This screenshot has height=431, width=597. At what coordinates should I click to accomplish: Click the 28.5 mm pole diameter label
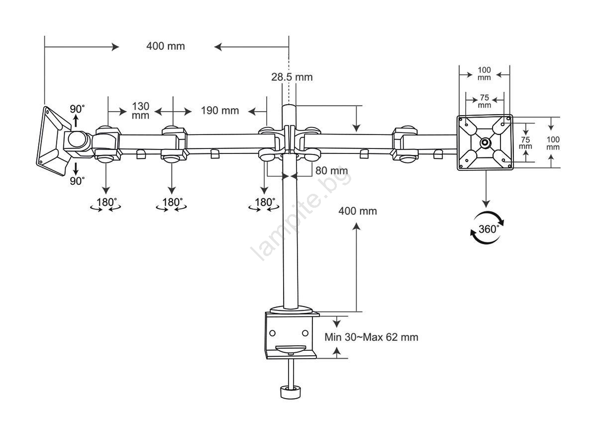click(292, 77)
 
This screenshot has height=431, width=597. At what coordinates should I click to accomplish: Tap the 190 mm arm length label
click(220, 111)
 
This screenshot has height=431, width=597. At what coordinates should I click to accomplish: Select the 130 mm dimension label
click(140, 111)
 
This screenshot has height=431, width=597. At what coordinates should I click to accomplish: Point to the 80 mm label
click(331, 170)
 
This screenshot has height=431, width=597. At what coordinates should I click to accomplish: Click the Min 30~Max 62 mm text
click(371, 337)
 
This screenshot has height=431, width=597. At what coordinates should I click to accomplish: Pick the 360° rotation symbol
click(487, 228)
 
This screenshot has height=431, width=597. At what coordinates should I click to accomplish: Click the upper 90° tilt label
click(77, 109)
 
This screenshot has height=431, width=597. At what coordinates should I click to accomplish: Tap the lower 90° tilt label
click(77, 181)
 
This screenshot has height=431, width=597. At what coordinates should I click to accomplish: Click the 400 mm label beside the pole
click(358, 211)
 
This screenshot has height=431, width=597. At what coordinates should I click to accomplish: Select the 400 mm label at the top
click(166, 46)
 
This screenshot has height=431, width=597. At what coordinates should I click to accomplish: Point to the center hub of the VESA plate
click(486, 143)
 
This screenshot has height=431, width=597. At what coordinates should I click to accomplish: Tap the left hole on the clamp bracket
click(273, 333)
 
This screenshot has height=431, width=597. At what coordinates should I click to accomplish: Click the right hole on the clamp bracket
click(305, 333)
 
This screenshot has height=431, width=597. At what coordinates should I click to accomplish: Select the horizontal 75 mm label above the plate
click(485, 101)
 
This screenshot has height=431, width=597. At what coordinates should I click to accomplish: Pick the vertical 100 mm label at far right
click(553, 143)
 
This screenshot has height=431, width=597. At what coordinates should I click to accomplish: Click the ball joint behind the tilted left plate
click(77, 140)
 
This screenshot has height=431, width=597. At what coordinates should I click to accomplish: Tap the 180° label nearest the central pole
click(265, 202)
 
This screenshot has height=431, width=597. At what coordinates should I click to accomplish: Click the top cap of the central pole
click(289, 107)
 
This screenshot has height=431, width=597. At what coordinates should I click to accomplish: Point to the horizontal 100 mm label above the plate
click(484, 74)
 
